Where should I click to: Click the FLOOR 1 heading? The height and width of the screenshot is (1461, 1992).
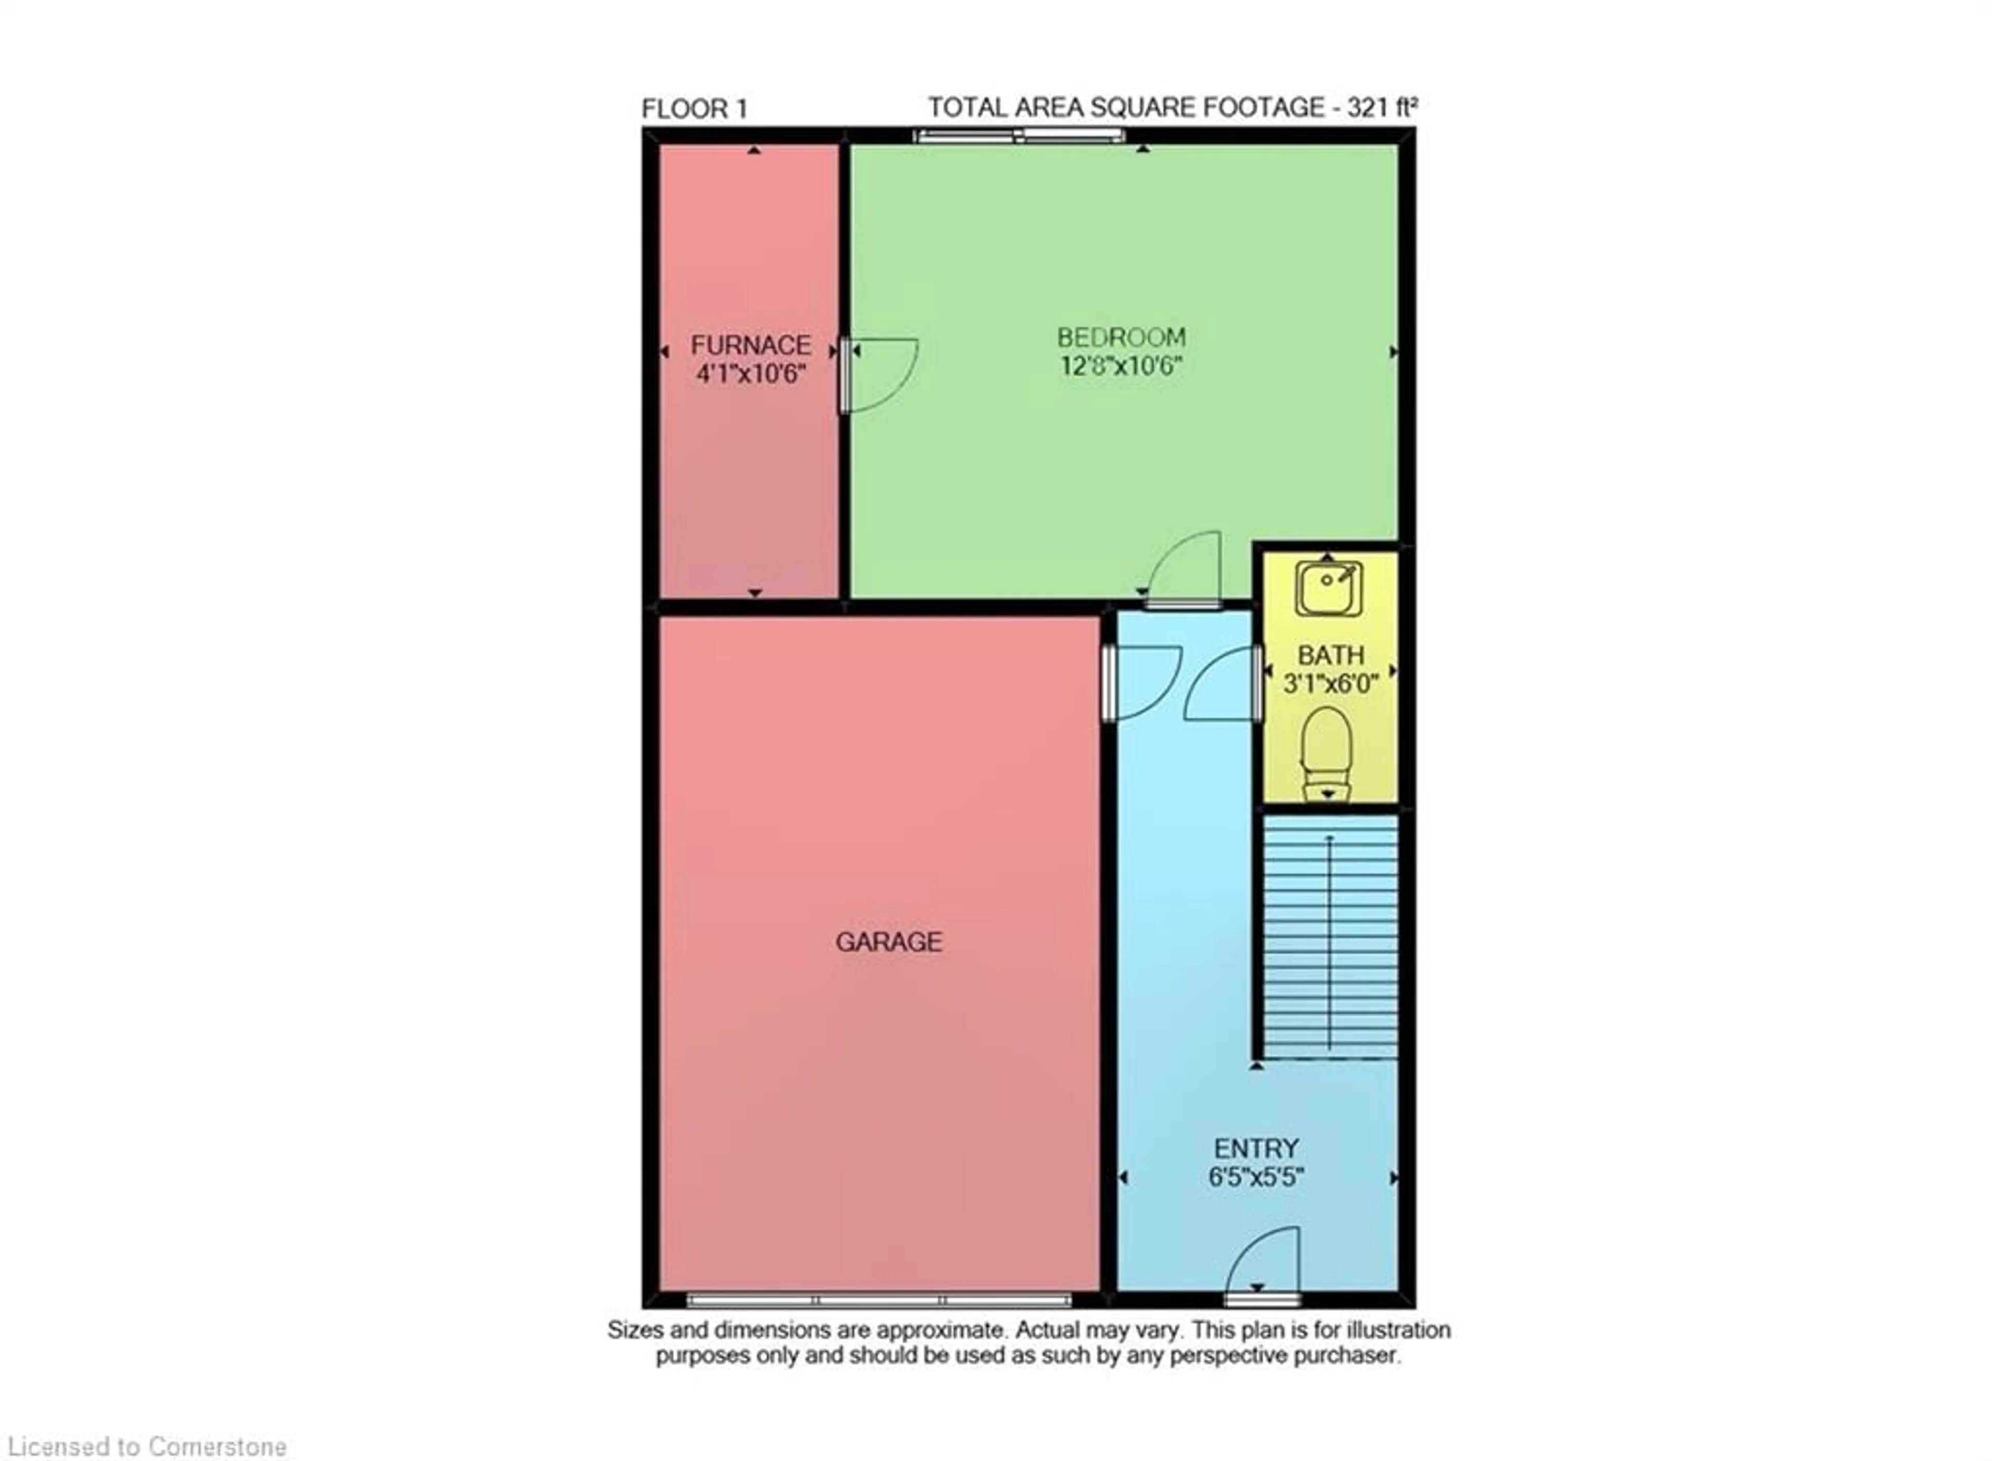click(x=694, y=109)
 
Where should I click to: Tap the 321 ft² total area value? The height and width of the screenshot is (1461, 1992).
click(x=1382, y=107)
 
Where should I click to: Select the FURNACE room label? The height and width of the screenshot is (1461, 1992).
click(x=751, y=345)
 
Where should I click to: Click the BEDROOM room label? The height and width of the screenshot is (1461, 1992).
click(x=1121, y=337)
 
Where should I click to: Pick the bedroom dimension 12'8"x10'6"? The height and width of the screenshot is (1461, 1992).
click(x=1121, y=365)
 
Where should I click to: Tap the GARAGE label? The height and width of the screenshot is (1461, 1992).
click(x=889, y=942)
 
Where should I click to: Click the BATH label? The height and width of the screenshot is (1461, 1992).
click(x=1331, y=655)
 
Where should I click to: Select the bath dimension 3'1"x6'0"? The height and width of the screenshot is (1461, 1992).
click(x=1331, y=684)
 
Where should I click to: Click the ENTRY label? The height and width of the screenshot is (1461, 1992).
click(x=1255, y=1149)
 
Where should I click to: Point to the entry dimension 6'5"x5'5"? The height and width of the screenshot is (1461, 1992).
click(x=1255, y=1177)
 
